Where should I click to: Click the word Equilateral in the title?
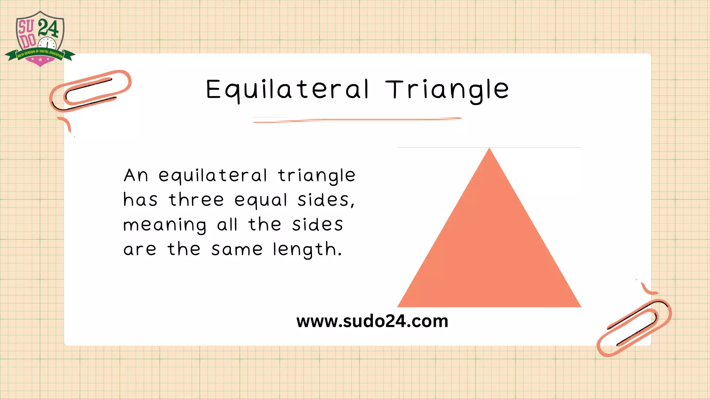click(287, 89)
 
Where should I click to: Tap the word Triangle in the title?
click(447, 89)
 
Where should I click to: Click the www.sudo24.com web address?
click(372, 321)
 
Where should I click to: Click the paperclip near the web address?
click(634, 327)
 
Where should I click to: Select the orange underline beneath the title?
click(357, 120)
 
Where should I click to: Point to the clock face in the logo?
click(47, 45)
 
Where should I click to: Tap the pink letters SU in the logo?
click(26, 27)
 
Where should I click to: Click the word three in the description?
click(196, 200)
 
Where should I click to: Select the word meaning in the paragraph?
click(165, 225)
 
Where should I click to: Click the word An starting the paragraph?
click(136, 175)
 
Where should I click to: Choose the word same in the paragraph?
click(237, 249)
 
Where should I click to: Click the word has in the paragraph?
click(140, 200)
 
